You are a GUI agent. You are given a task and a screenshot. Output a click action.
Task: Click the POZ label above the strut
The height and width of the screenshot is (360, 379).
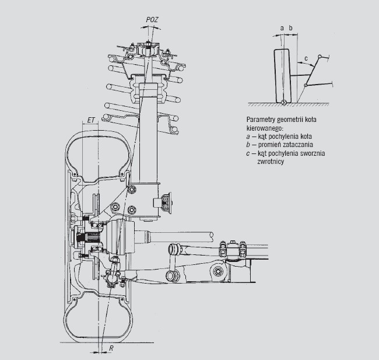click(152, 20)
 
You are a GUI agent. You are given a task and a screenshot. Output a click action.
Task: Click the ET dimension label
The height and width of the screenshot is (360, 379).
click(90, 120)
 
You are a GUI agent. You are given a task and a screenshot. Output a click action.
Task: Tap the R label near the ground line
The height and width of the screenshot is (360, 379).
click(111, 348)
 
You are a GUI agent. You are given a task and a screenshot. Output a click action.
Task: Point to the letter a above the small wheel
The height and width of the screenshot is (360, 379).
click(282, 29)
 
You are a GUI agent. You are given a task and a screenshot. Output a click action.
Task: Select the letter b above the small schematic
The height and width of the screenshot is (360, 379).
click(290, 28)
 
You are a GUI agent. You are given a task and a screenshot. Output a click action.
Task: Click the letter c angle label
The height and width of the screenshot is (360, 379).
click(306, 58)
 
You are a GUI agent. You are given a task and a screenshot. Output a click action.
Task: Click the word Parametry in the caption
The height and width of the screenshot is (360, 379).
click(260, 120)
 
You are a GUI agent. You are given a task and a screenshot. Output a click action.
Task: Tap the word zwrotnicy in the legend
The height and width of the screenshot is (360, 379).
click(271, 162)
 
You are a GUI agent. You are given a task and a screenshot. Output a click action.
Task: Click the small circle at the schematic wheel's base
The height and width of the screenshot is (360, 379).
click(285, 102)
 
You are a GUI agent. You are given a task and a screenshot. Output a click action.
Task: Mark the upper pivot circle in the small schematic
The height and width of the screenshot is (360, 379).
click(320, 57)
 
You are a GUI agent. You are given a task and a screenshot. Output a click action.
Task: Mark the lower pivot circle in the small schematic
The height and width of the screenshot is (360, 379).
click(306, 85)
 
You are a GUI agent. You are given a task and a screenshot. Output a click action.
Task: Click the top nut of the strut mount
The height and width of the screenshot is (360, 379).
click(148, 45)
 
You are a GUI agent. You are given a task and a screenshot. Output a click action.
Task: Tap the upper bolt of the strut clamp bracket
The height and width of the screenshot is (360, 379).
click(132, 189)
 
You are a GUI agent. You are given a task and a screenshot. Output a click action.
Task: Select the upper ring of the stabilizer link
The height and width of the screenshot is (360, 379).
click(173, 249)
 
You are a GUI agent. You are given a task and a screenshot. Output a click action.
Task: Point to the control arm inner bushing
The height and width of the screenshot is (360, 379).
click(218, 271)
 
